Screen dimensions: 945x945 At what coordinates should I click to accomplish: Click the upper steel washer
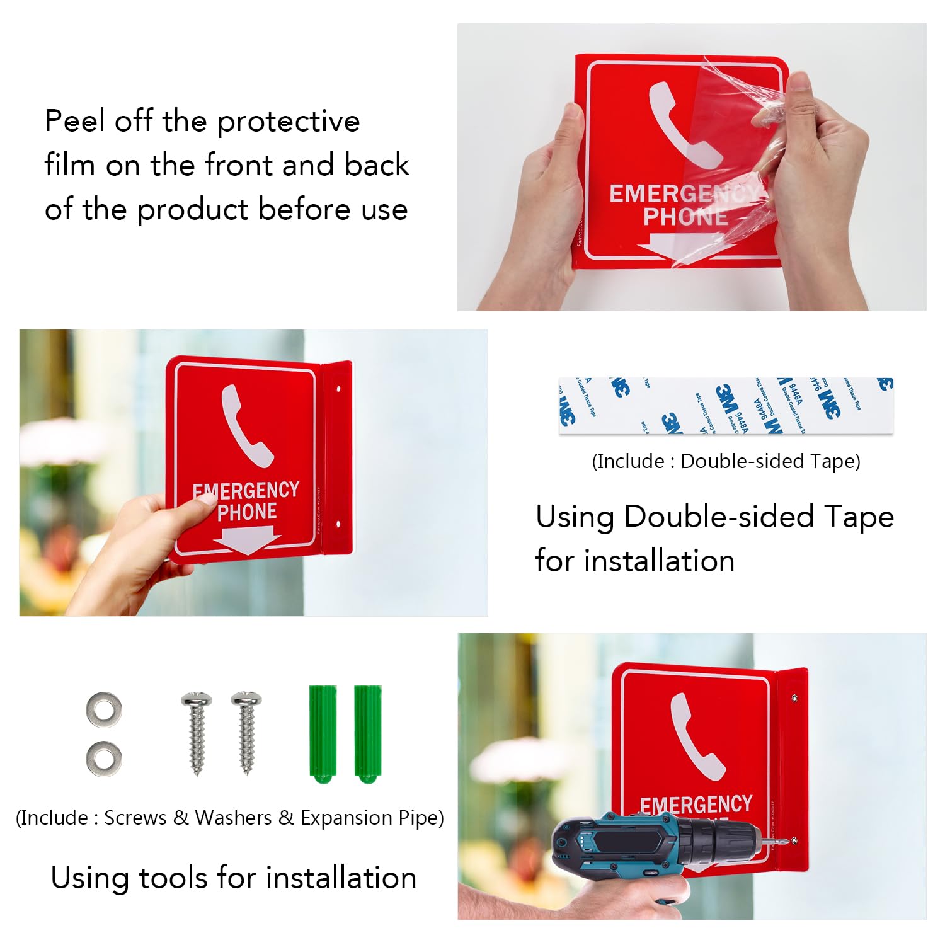click(104, 710)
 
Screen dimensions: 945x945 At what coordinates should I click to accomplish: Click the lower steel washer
click(104, 759)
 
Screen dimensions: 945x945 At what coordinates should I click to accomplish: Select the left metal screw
click(197, 733)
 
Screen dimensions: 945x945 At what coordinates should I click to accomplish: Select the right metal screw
click(246, 733)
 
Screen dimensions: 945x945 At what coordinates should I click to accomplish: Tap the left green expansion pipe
click(323, 733)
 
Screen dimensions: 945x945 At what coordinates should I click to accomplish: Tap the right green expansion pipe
click(367, 733)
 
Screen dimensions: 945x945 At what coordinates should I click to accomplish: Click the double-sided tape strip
click(726, 406)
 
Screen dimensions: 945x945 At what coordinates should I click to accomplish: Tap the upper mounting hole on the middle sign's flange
click(338, 389)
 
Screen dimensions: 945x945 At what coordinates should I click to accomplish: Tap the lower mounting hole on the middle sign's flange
click(338, 524)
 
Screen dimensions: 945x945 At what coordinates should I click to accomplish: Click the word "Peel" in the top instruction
click(74, 121)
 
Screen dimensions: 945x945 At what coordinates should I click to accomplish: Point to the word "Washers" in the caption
click(233, 818)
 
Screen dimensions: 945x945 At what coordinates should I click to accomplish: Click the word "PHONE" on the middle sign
click(247, 512)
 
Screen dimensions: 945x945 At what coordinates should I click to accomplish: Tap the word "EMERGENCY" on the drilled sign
click(696, 805)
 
